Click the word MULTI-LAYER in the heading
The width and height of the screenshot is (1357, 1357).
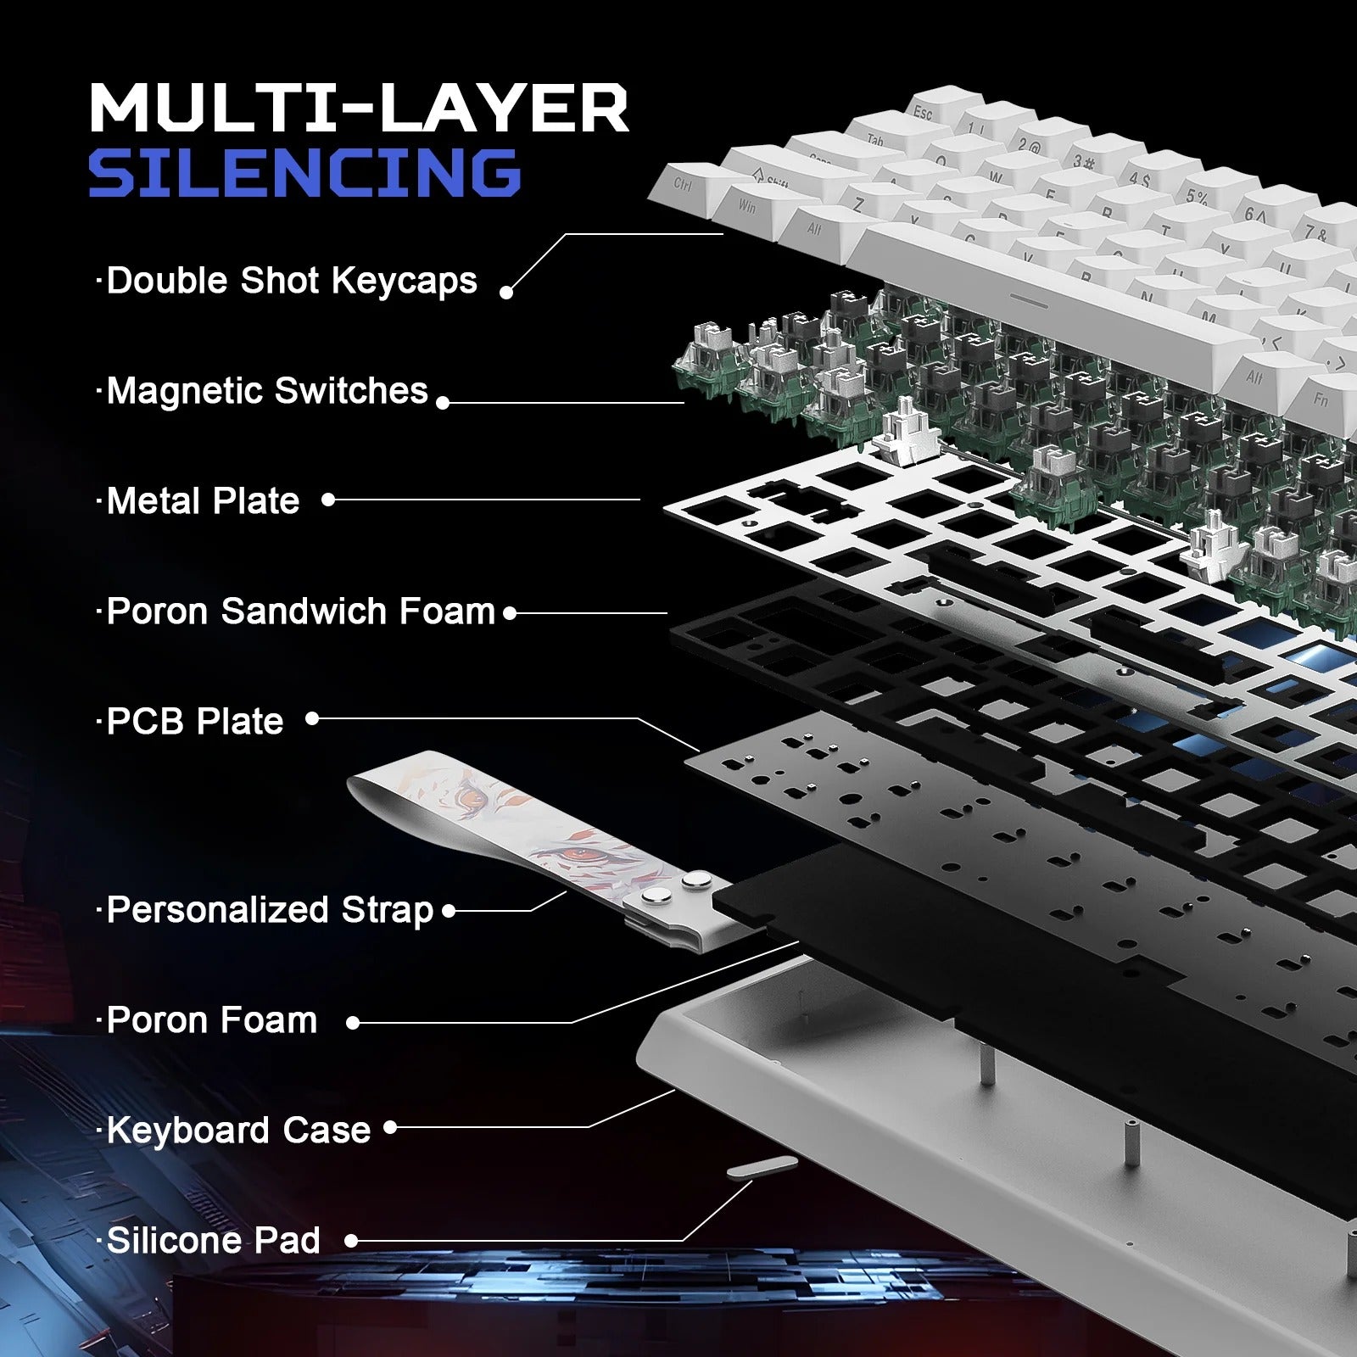pyautogui.click(x=358, y=108)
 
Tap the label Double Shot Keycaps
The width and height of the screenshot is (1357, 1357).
pyautogui.click(x=291, y=281)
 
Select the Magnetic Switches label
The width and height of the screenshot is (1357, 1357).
pyautogui.click(x=266, y=391)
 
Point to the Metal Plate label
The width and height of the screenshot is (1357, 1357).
pyautogui.click(x=203, y=501)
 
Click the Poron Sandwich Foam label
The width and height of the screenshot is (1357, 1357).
pyautogui.click(x=300, y=611)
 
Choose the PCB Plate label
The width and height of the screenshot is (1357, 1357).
pyautogui.click(x=194, y=722)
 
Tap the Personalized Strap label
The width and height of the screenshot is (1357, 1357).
pyautogui.click(x=270, y=910)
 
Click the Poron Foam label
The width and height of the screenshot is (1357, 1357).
pyautogui.click(x=211, y=1020)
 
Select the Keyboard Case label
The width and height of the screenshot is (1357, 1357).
pyautogui.click(x=238, y=1131)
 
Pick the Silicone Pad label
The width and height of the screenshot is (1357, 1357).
pyautogui.click(x=213, y=1241)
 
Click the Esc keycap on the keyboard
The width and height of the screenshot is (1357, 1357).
pyautogui.click(x=924, y=112)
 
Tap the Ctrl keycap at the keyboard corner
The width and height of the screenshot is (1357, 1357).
pyautogui.click(x=684, y=183)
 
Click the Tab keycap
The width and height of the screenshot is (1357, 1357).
pyautogui.click(x=874, y=140)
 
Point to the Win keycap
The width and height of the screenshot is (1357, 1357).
pyautogui.click(x=747, y=206)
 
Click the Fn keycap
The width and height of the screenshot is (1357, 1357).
pyautogui.click(x=1321, y=399)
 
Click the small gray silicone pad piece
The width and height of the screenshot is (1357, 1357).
pyautogui.click(x=762, y=1168)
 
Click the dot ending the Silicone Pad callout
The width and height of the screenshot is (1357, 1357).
pyautogui.click(x=351, y=1241)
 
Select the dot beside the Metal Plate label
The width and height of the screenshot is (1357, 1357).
pyautogui.click(x=328, y=500)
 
